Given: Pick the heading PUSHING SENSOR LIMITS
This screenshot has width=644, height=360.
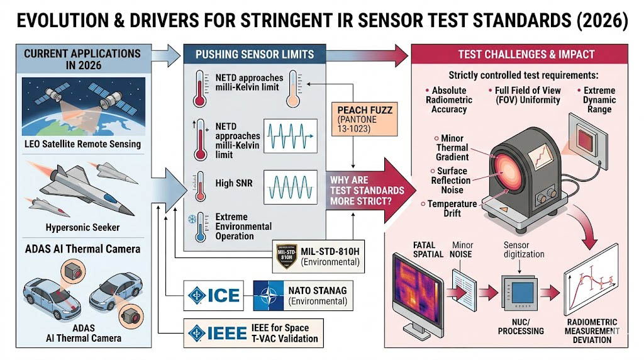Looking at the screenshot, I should click(254, 55).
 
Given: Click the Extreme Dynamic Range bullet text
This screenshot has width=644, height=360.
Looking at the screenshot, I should click(599, 101).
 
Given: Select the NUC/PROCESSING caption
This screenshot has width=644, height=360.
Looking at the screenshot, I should click(521, 326).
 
